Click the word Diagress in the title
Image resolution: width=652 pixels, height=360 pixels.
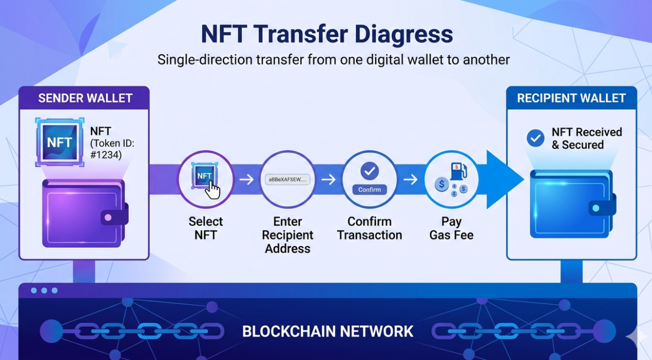click(403, 35)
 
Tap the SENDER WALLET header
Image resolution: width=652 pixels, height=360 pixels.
click(85, 98)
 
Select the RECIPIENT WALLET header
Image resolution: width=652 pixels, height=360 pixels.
click(572, 98)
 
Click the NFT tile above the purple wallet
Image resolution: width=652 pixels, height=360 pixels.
click(60, 142)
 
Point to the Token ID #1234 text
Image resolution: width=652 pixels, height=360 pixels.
click(112, 149)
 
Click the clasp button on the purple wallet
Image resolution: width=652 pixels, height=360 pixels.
click(108, 218)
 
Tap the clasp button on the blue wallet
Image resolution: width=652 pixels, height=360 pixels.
click(596, 208)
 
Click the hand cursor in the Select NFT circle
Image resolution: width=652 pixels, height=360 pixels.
click(213, 191)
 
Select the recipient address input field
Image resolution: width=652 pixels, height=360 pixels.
click(288, 179)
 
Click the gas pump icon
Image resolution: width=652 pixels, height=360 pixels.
click(458, 171)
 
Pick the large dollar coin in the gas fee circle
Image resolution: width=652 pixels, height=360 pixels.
click(442, 184)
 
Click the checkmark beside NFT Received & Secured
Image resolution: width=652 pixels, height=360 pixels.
click(535, 138)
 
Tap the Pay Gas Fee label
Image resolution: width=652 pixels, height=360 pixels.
click(451, 228)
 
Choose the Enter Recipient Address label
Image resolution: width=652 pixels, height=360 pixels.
click(288, 235)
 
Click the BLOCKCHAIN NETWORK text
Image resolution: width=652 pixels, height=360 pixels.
click(328, 331)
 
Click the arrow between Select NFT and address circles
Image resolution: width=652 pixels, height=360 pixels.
click(247, 179)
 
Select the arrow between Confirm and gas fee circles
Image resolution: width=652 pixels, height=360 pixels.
click(410, 179)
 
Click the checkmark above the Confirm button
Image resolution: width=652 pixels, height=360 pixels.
click(370, 171)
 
